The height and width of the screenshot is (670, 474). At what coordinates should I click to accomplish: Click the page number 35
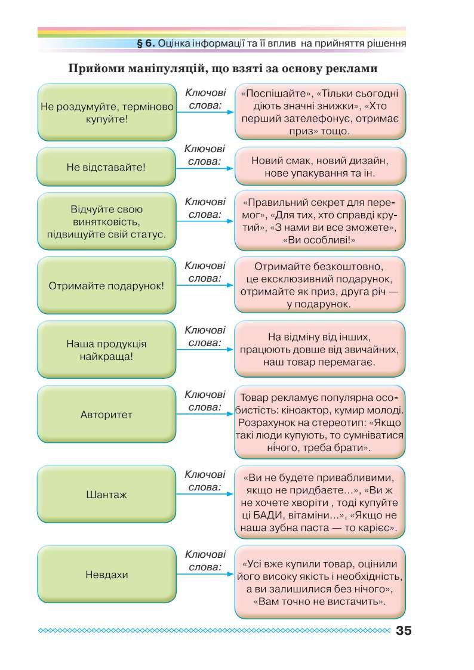click(404, 631)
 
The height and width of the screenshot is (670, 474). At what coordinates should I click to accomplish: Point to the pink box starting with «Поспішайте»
click(320, 112)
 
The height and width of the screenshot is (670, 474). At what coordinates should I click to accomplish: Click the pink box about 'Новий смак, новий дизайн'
click(320, 167)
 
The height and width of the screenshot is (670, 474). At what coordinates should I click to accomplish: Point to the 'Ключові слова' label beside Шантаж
click(205, 481)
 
